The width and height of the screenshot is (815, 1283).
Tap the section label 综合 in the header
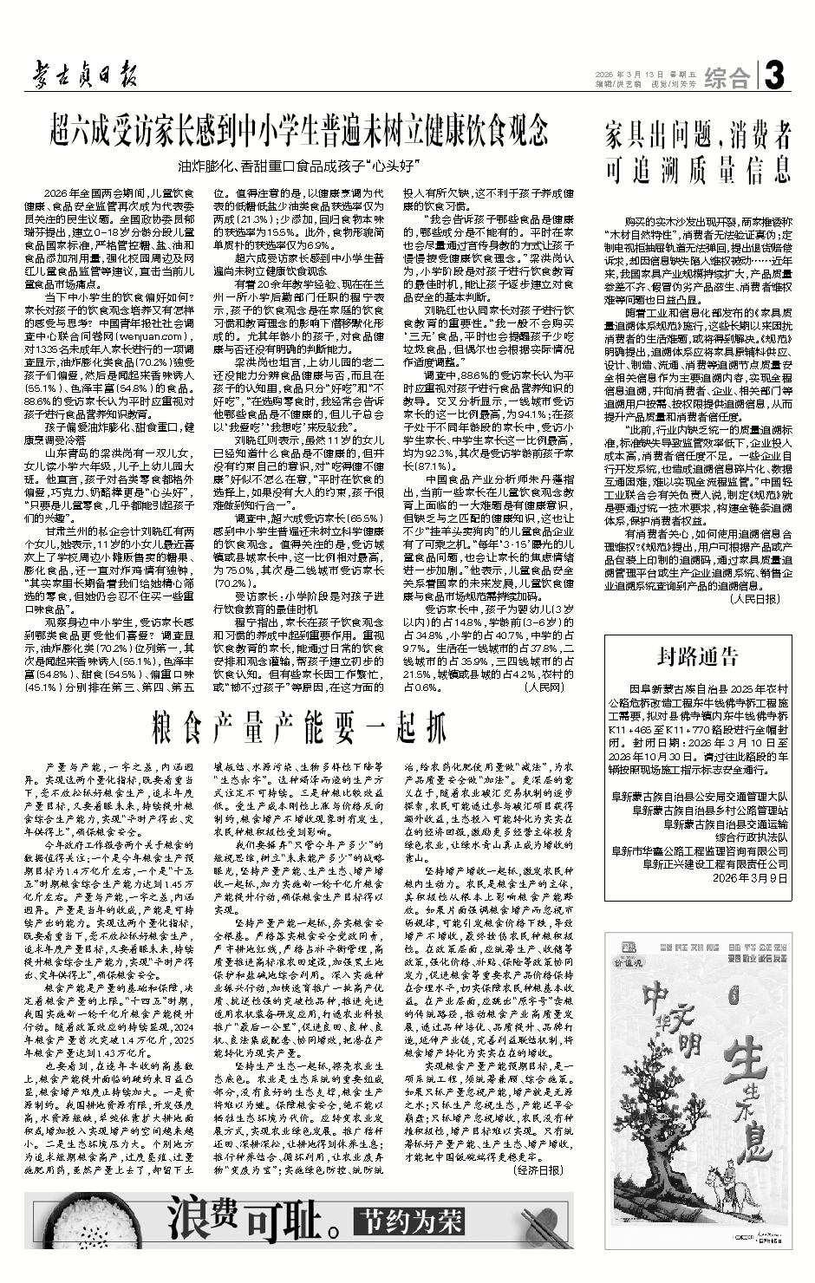(x=726, y=79)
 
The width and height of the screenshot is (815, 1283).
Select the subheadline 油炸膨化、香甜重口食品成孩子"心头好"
(x=298, y=164)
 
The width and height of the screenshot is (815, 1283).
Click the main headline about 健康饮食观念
(x=298, y=131)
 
